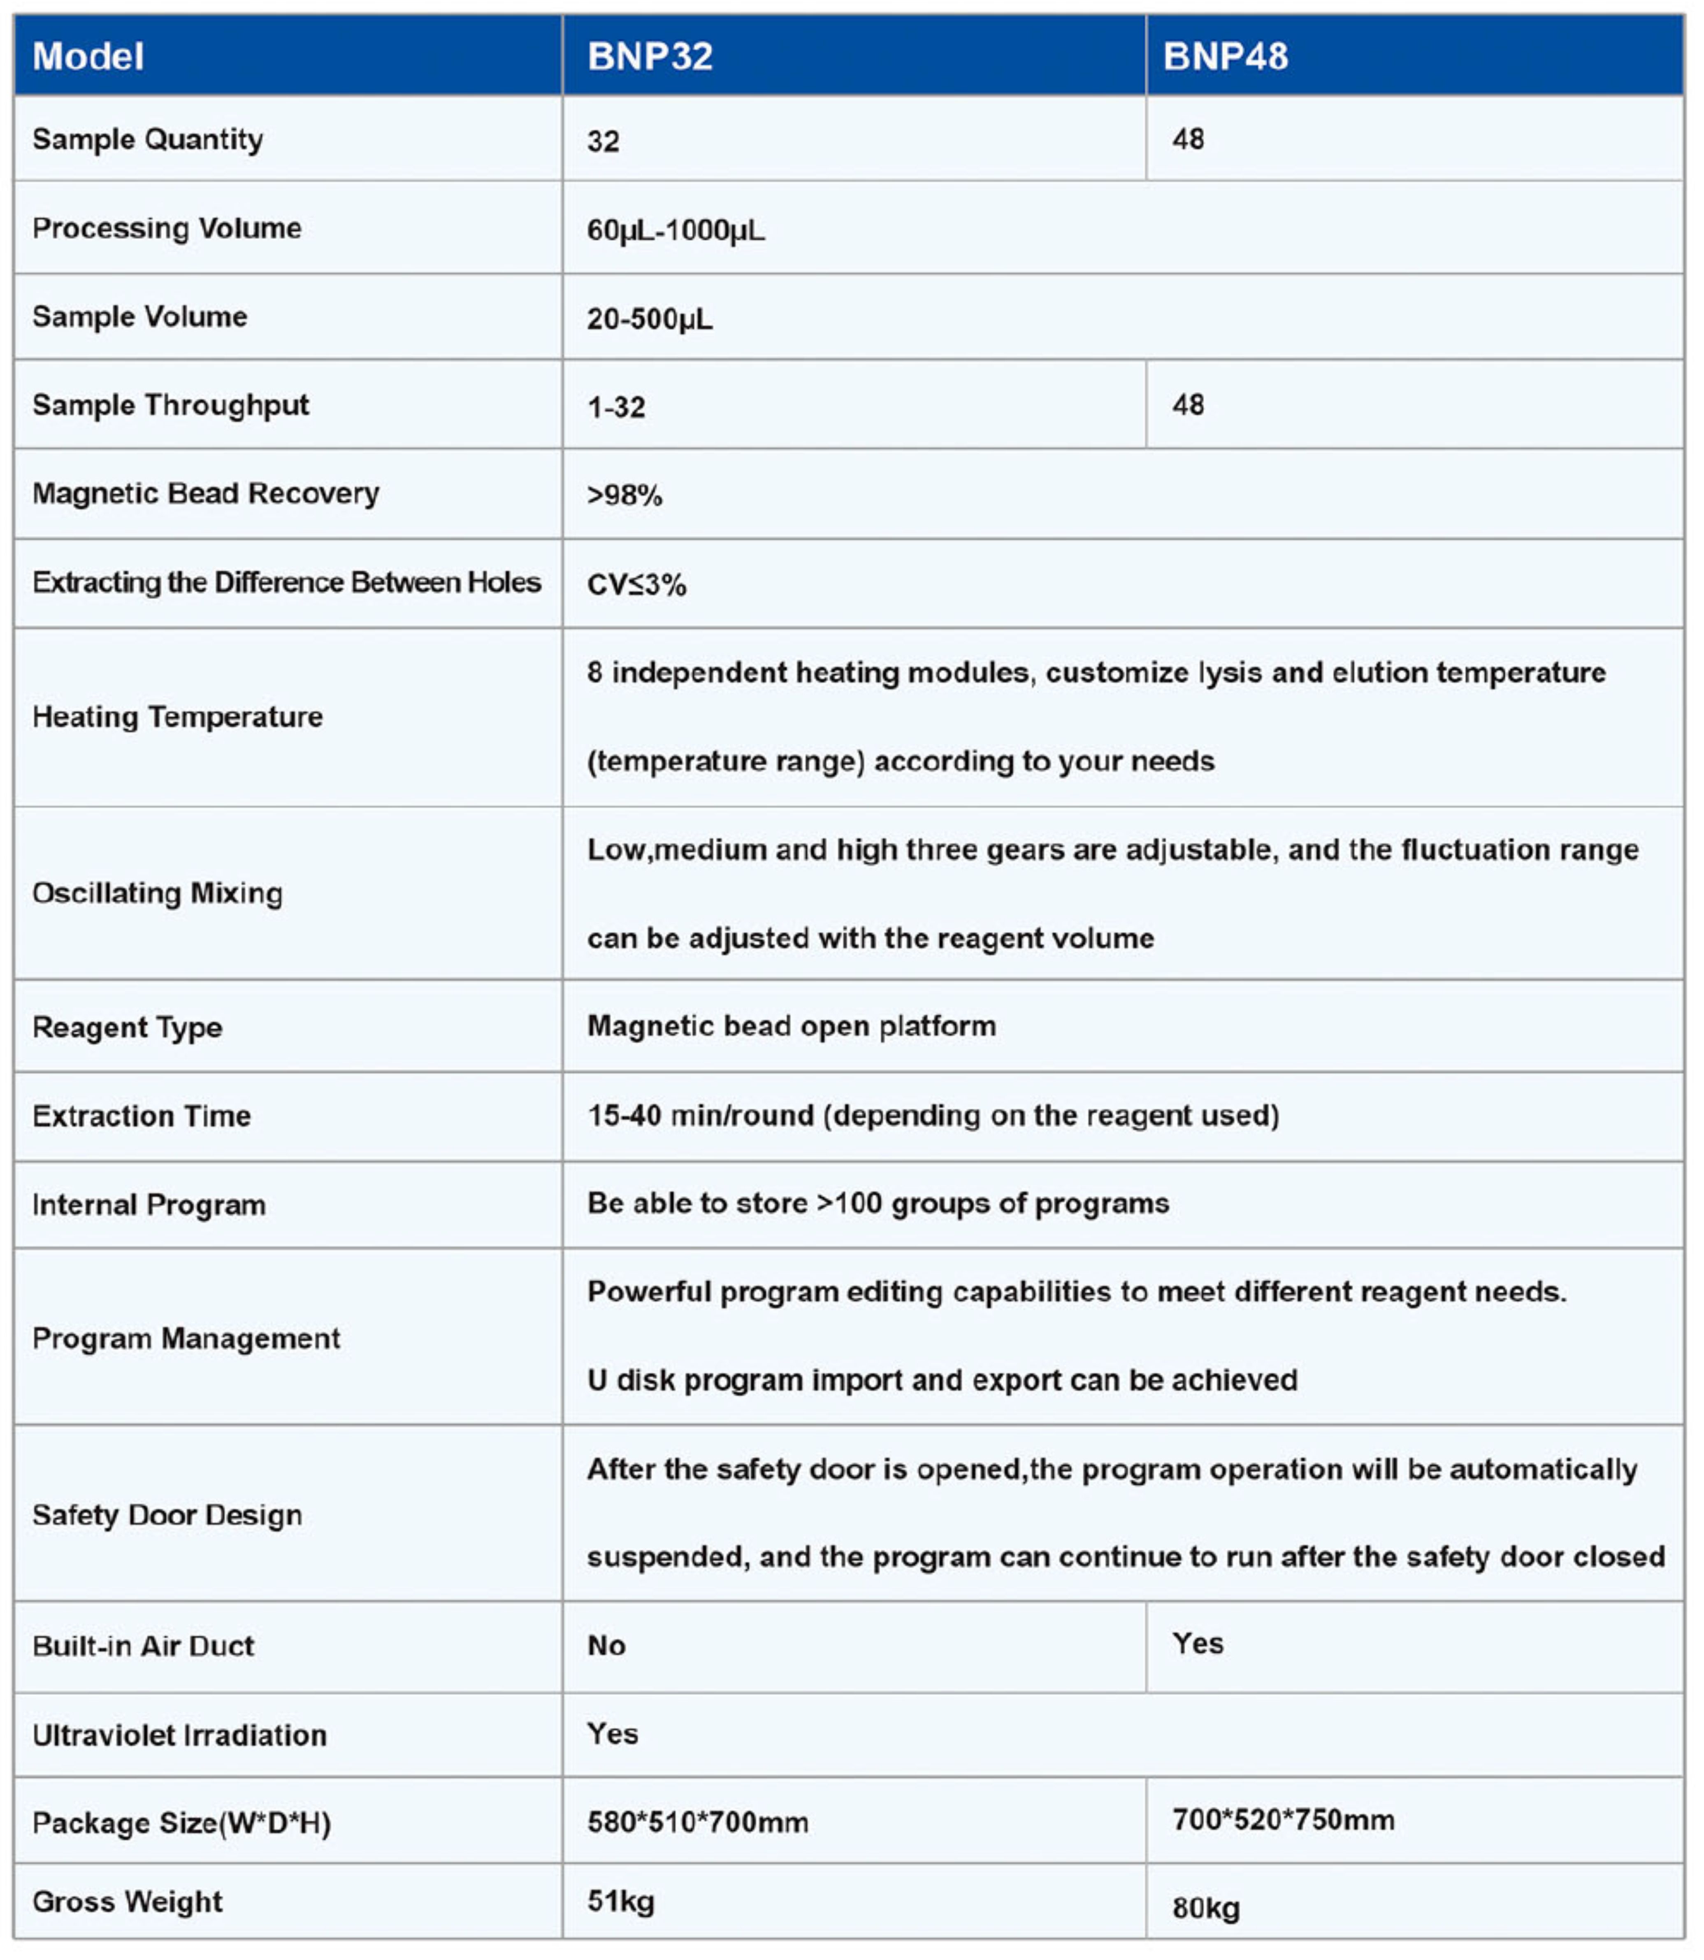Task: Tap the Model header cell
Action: (x=88, y=57)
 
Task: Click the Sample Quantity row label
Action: (x=147, y=140)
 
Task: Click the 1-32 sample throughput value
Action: (x=616, y=407)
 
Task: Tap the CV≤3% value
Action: (x=636, y=584)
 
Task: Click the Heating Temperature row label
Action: (x=178, y=717)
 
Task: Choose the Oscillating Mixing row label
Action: (x=158, y=894)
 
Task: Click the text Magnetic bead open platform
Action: (x=791, y=1026)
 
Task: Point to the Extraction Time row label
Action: (x=142, y=1116)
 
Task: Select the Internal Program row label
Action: (x=149, y=1205)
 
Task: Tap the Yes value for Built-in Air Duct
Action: (x=1197, y=1644)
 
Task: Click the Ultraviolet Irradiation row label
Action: (x=180, y=1736)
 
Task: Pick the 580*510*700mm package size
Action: (x=698, y=1822)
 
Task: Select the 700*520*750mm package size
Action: (x=1283, y=1820)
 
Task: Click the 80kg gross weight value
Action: (x=1206, y=1908)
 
